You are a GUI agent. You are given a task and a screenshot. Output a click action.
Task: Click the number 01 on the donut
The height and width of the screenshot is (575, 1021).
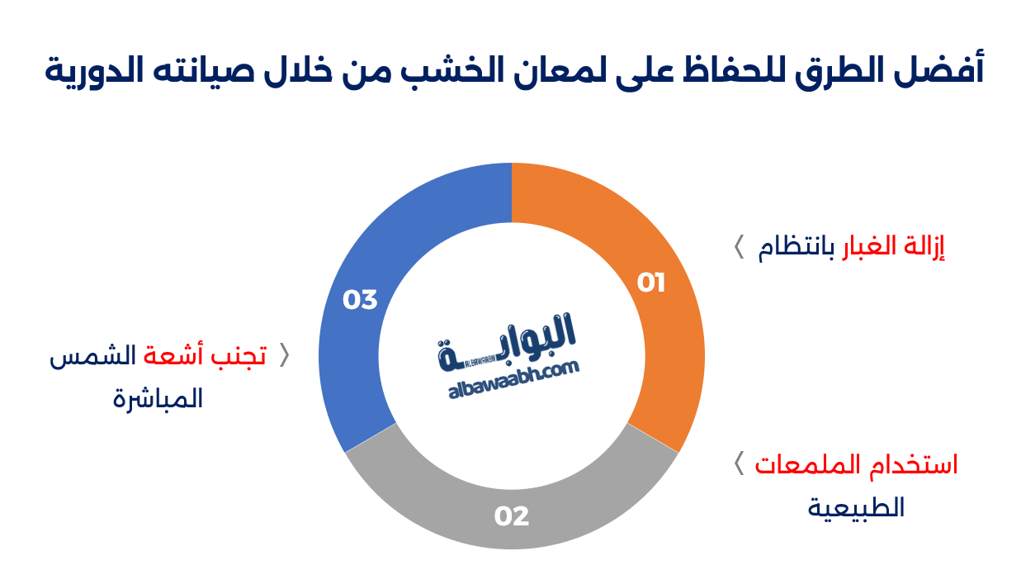coord(651,283)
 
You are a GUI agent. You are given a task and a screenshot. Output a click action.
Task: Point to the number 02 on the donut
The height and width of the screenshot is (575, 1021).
coord(512,516)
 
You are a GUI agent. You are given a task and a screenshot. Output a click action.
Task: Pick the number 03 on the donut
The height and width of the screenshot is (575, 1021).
coord(360,299)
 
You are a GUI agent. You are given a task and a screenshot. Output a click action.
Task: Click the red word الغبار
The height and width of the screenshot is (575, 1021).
coord(874,248)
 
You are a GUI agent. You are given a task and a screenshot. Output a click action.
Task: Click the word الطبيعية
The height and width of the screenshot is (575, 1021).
coord(856,508)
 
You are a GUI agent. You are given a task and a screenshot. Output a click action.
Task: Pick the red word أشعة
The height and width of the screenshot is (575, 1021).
coord(173,356)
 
